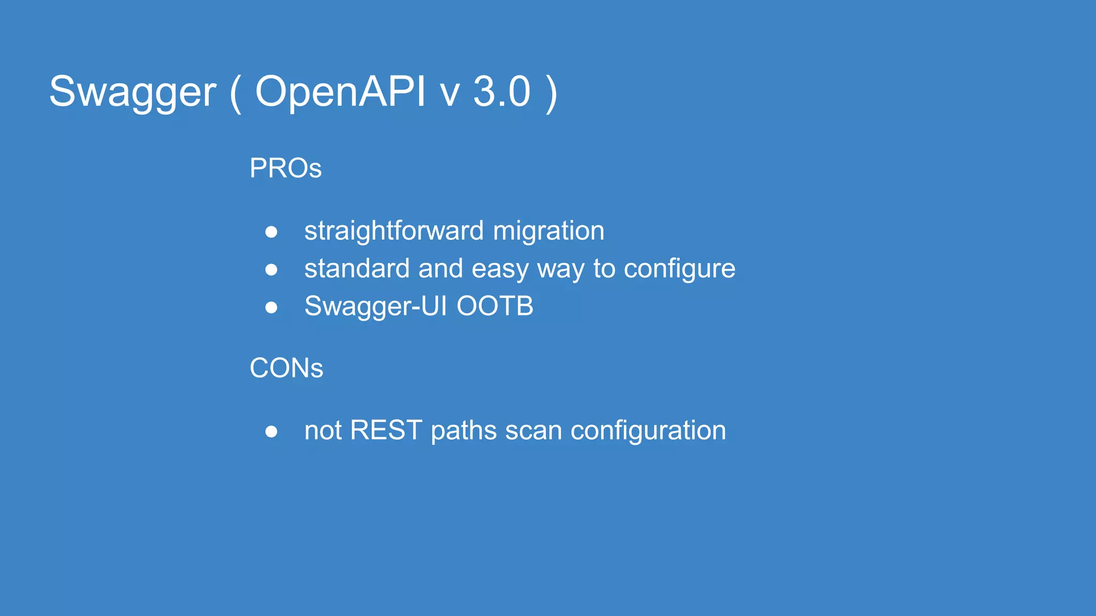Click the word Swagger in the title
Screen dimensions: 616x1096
click(x=132, y=92)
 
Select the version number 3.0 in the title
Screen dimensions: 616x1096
click(x=501, y=91)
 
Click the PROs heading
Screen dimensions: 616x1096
click(x=285, y=168)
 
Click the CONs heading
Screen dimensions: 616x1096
click(x=286, y=368)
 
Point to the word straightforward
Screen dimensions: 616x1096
click(x=394, y=231)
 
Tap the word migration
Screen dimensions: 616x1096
click(x=549, y=231)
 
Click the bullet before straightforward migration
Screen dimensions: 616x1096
click(x=271, y=232)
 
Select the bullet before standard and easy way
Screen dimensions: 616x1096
click(x=271, y=269)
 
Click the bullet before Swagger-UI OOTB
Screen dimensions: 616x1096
click(x=271, y=307)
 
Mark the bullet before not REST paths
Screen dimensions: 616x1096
click(x=271, y=432)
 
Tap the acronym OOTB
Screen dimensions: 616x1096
click(x=494, y=306)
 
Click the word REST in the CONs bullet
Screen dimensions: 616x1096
click(x=385, y=430)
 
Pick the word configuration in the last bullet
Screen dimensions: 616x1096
click(x=648, y=430)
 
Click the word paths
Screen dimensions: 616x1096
click(x=463, y=430)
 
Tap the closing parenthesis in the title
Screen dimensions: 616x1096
click(x=551, y=93)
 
